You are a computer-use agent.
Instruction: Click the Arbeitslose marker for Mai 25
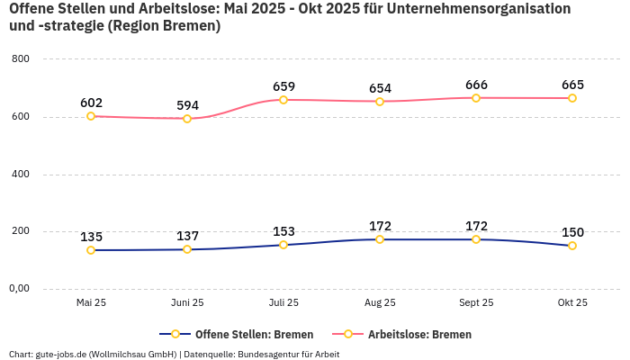[91, 116]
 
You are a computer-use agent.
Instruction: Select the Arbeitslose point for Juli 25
[283, 100]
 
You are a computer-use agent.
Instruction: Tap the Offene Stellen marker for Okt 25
[572, 246]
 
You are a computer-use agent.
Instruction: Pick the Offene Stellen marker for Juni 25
[187, 249]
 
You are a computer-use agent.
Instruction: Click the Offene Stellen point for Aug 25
[380, 239]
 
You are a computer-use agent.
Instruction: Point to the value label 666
[476, 85]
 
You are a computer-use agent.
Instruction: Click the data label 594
[187, 105]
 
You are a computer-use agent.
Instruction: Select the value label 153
[283, 231]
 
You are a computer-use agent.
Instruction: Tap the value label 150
[572, 232]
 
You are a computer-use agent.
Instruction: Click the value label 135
[91, 237]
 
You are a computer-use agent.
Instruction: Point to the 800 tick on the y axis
[22, 59]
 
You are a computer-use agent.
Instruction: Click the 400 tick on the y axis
[22, 174]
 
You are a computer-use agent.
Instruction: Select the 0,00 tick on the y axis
[19, 289]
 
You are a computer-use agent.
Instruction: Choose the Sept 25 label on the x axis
[476, 303]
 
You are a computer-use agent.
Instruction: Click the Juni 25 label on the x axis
[187, 303]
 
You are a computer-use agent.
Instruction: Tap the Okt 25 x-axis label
[572, 303]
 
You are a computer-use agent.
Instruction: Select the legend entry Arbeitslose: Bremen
[419, 334]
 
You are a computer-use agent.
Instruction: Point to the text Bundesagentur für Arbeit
[288, 354]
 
